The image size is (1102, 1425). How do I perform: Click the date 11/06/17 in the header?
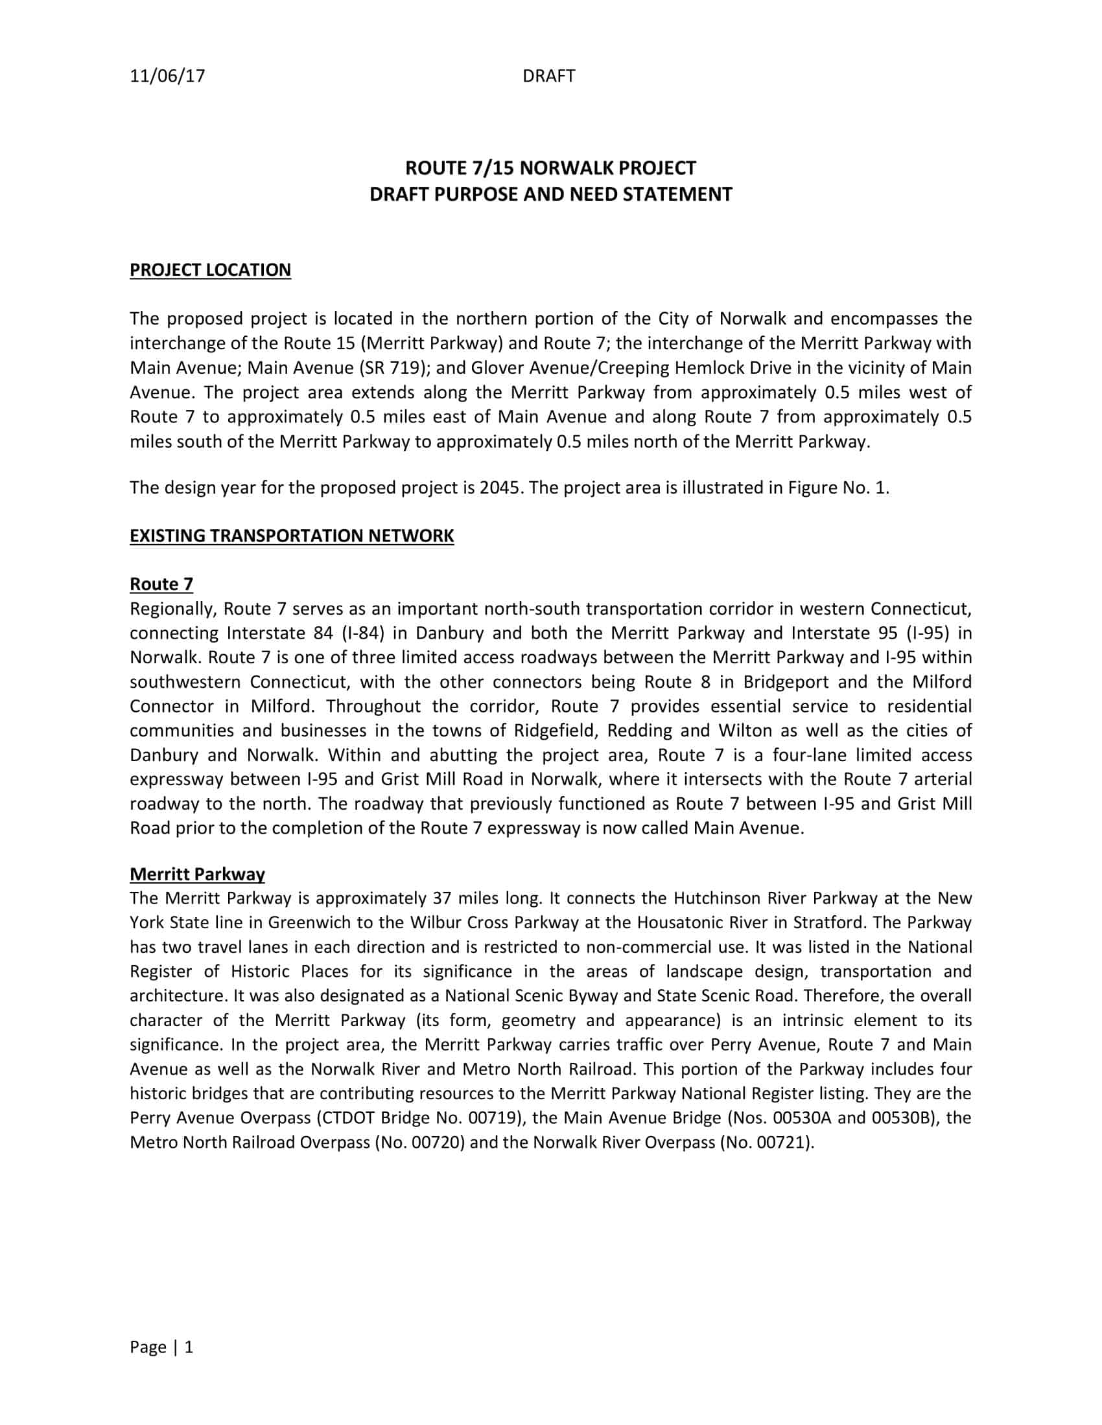[167, 76]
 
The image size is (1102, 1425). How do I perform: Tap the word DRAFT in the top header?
[548, 76]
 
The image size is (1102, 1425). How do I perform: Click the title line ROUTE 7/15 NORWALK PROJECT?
[550, 168]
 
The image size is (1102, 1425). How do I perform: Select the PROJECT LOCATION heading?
[210, 269]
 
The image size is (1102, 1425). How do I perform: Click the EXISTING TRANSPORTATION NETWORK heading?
[291, 536]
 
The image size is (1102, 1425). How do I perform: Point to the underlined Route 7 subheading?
[161, 584]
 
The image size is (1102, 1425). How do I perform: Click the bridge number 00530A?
[802, 1118]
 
